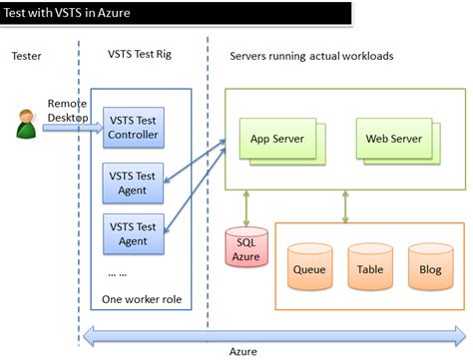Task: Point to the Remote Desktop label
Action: [x=68, y=110]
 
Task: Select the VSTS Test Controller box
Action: [x=132, y=129]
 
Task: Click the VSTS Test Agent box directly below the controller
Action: [x=132, y=182]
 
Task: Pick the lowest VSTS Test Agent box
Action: [x=132, y=233]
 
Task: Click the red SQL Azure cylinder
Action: [x=244, y=250]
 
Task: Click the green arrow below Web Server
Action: [x=345, y=205]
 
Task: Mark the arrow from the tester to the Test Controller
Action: [x=70, y=128]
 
